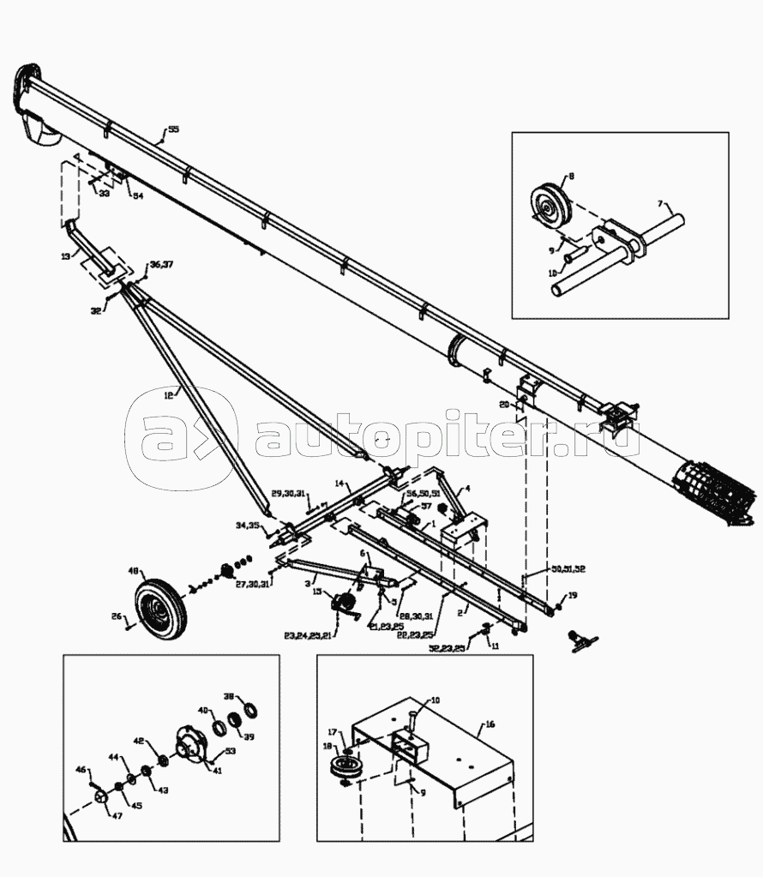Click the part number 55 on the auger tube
[173, 129]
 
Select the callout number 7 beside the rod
[659, 204]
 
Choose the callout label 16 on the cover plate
[490, 724]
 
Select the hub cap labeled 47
[102, 797]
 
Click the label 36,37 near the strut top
[161, 264]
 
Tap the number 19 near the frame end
[573, 595]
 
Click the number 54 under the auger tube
[137, 195]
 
